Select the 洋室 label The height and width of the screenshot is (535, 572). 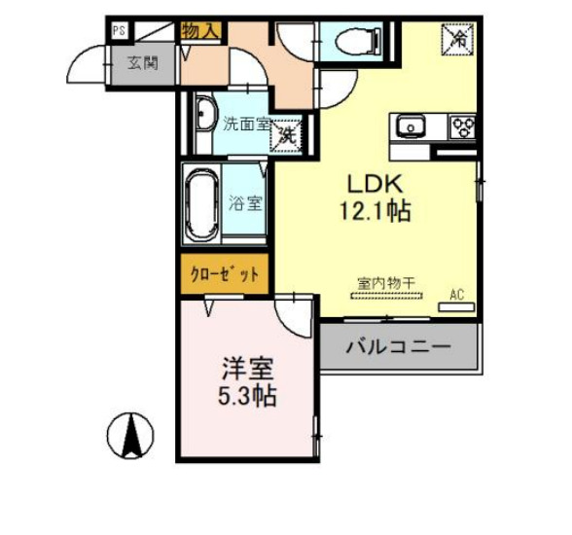[246, 370]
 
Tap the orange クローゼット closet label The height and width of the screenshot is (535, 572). [225, 274]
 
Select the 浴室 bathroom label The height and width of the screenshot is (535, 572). [245, 204]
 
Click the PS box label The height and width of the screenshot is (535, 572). [119, 31]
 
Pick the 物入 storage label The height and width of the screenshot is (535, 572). [200, 32]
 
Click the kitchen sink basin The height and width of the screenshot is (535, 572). [408, 126]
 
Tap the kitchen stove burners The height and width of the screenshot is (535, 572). [460, 126]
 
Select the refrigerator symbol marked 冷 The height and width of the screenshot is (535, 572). [455, 38]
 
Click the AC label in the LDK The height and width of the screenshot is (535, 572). [456, 291]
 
